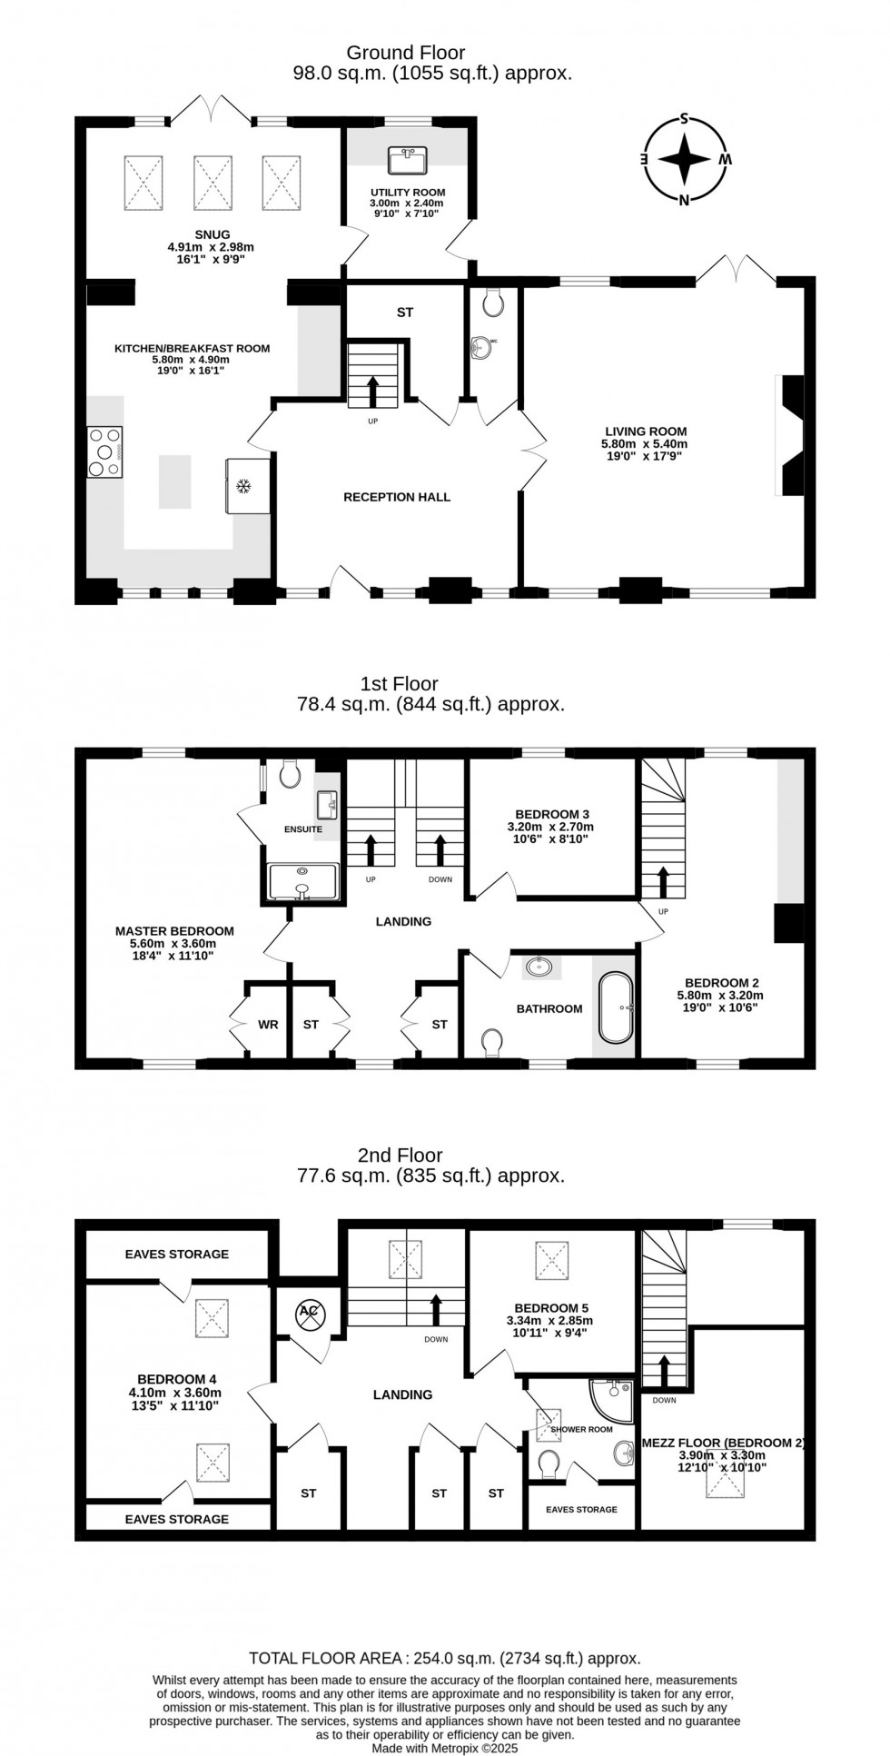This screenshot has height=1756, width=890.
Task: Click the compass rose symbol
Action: [685, 160]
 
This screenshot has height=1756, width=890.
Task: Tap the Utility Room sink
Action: [408, 161]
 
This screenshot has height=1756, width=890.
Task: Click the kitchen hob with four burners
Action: [104, 451]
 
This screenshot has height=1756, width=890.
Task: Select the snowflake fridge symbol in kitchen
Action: [242, 487]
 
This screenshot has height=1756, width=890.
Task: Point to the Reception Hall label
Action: [397, 497]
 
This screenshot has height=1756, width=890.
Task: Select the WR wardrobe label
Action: [268, 1025]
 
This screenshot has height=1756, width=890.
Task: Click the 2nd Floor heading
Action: [400, 1155]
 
